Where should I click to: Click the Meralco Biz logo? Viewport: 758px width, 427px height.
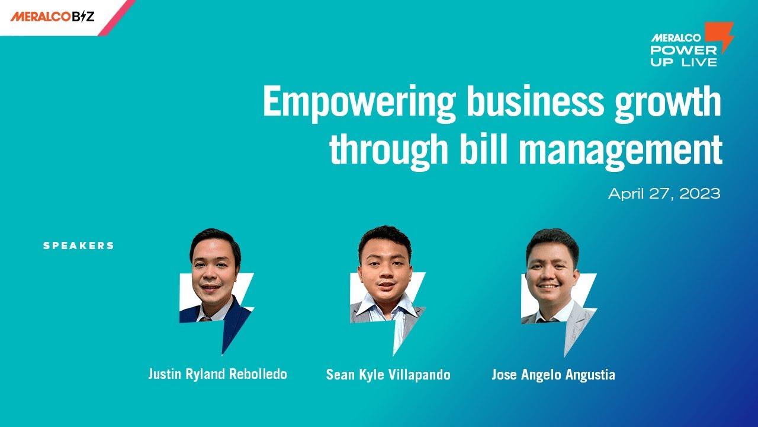point(52,17)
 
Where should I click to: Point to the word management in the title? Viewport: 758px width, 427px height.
point(621,150)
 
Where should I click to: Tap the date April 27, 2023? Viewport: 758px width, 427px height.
point(664,194)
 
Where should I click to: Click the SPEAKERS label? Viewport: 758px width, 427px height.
point(79,246)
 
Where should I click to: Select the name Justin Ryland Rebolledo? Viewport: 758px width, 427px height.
point(217,374)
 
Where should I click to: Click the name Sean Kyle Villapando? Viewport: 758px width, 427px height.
point(388,375)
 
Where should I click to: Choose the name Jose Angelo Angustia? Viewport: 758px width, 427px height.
point(553,375)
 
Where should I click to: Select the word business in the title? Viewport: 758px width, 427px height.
point(535,100)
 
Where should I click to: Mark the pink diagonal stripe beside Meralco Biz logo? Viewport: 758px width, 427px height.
point(117,18)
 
